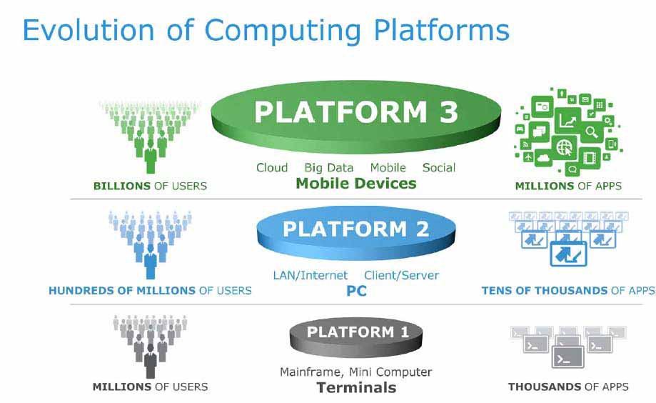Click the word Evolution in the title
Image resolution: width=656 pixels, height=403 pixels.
click(89, 30)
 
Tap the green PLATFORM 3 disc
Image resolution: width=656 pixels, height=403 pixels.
click(356, 117)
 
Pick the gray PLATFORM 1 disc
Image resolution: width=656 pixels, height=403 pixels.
click(356, 337)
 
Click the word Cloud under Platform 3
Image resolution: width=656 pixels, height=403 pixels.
click(272, 168)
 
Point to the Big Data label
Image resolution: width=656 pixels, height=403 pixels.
click(329, 168)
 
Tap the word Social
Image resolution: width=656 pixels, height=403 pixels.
click(439, 168)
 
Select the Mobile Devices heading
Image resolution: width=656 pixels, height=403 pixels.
click(356, 183)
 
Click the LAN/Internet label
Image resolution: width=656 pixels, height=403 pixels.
click(310, 275)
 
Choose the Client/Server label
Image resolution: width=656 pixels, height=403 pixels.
click(401, 275)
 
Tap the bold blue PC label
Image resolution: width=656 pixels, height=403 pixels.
click(356, 291)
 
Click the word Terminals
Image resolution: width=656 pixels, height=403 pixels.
click(356, 387)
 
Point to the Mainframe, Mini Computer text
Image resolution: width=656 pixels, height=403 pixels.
click(355, 372)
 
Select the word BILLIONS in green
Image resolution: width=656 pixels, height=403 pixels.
click(122, 186)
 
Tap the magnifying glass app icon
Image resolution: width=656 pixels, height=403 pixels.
click(591, 132)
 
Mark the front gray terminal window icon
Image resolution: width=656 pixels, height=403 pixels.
click(567, 357)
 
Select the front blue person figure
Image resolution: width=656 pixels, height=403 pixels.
click(151, 262)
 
